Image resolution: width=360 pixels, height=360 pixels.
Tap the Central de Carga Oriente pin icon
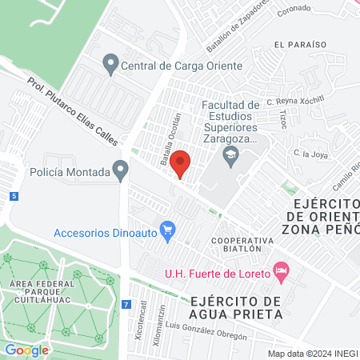click(111, 62)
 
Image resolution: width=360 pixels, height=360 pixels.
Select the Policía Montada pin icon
click(121, 170)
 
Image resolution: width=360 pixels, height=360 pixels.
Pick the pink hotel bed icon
click(280, 272)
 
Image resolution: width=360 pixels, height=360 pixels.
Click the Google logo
click(26, 350)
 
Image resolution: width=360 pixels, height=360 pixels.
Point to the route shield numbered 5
click(14, 196)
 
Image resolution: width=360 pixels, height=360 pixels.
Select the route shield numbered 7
click(126, 304)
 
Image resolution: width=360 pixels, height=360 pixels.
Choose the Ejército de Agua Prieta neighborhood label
click(237, 307)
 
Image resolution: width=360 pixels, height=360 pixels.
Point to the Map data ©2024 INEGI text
click(311, 353)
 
